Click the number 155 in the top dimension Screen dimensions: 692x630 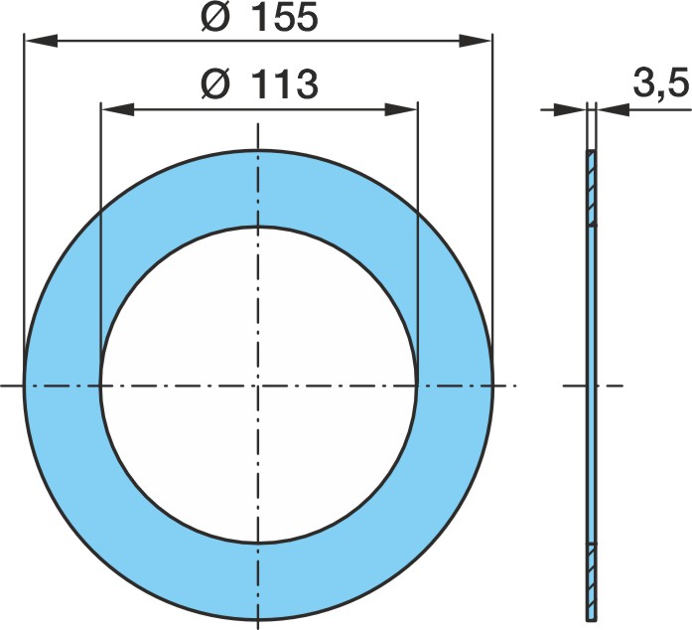[x=286, y=18]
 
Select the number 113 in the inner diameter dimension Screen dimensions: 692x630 [x=286, y=83]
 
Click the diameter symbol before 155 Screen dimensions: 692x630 [x=215, y=18]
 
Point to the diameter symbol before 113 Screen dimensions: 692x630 [x=215, y=83]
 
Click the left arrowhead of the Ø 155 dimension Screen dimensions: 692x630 [x=41, y=40]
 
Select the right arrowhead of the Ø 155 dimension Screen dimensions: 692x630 [x=476, y=40]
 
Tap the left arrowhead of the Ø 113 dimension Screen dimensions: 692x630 [x=118, y=109]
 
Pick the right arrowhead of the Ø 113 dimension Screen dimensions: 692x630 [x=401, y=109]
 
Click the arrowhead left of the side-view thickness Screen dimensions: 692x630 [x=570, y=109]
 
